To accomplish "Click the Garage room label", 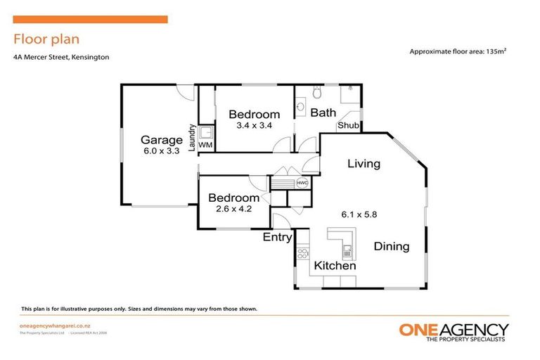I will (x=161, y=139).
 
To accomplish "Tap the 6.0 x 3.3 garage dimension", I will (x=161, y=150).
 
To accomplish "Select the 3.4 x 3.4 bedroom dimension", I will (x=254, y=126).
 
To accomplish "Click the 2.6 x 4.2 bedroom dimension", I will (x=233, y=209).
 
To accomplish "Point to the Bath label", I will (x=323, y=112).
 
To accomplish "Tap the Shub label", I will (x=349, y=126).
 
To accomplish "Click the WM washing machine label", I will (x=205, y=145).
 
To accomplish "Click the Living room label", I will (x=364, y=164).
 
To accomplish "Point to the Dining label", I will (x=391, y=246).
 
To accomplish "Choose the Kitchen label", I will (x=335, y=266).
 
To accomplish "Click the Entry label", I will (x=277, y=237).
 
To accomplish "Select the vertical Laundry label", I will (x=191, y=136).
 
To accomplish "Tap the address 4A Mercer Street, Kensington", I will (x=60, y=57).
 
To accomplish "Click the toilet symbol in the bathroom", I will (x=318, y=91).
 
